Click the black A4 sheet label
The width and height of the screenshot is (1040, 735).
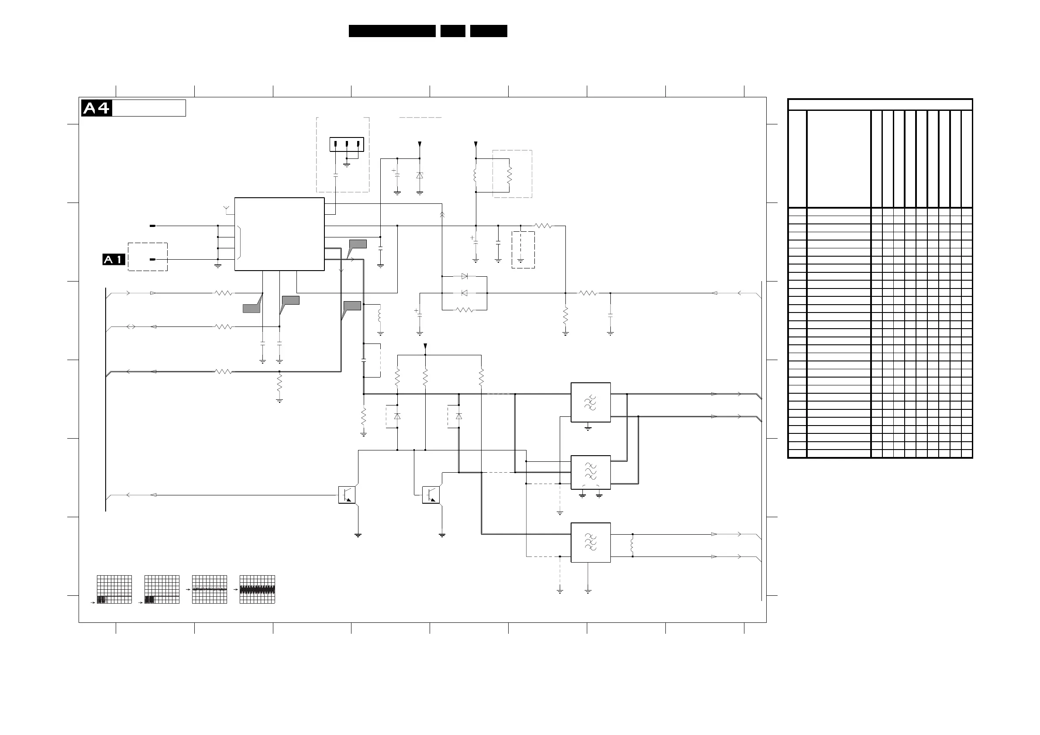tap(96, 108)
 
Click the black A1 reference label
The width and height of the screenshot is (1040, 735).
tap(114, 260)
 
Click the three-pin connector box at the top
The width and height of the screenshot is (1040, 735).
tap(347, 144)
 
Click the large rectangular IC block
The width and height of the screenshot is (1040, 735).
tap(279, 234)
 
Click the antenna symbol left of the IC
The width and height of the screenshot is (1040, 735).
tap(227, 209)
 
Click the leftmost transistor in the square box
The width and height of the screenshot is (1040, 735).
tap(347, 495)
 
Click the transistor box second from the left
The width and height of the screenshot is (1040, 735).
tap(430, 495)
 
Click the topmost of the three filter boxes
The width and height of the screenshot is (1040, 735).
tap(590, 402)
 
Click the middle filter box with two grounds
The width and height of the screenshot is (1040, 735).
tap(590, 472)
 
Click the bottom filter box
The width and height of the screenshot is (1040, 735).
tap(590, 542)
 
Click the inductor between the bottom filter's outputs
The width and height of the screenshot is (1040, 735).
tap(632, 545)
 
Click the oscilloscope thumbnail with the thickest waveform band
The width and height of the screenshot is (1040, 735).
tap(257, 589)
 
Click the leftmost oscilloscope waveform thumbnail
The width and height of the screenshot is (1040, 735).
tap(114, 589)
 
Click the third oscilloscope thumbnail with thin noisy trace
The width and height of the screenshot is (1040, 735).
tap(209, 589)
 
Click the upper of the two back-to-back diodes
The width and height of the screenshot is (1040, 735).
tap(464, 276)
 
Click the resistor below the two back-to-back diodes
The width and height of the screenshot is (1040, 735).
tap(464, 310)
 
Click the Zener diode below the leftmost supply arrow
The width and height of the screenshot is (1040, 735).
tap(420, 176)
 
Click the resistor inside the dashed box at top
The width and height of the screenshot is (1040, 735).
tap(509, 175)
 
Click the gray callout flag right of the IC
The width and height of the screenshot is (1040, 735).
tap(357, 245)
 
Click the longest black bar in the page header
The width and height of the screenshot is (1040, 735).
tap(392, 31)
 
